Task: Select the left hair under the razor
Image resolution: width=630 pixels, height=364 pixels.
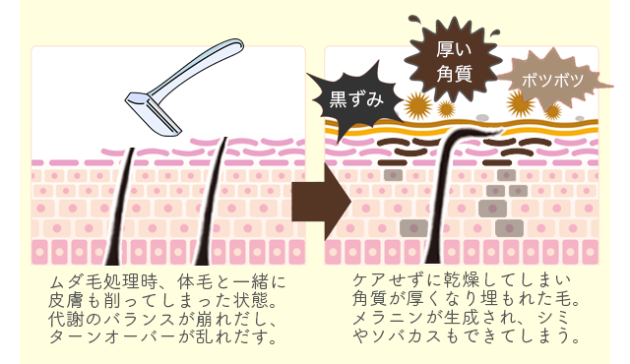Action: coord(129,197)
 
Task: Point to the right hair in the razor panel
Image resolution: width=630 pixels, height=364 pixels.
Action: coord(220,197)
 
